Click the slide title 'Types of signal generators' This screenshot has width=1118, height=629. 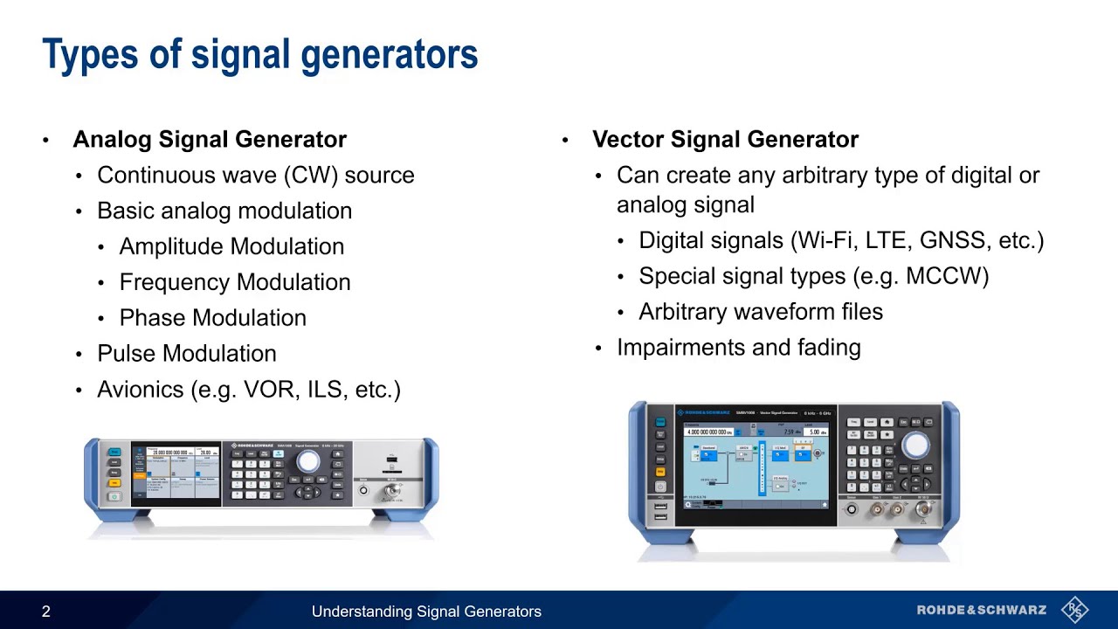tap(259, 54)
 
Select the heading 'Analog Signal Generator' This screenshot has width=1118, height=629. tap(210, 139)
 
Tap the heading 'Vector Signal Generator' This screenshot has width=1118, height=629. tap(725, 139)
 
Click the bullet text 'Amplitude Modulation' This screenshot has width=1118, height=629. tap(231, 246)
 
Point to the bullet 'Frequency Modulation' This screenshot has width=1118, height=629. tap(235, 282)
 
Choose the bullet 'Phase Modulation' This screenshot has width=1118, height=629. tap(212, 318)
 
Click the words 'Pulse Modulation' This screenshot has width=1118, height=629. tap(186, 354)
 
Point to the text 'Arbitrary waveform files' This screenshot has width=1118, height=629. tap(760, 312)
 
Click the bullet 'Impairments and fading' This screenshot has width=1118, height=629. tap(738, 348)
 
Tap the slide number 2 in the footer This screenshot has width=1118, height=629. tap(46, 612)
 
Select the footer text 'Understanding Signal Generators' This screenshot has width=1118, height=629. tap(426, 612)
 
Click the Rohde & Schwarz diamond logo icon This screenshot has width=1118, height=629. tap(1074, 610)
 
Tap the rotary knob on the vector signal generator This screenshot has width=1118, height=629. tap(914, 446)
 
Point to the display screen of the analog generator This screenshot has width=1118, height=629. tap(176, 473)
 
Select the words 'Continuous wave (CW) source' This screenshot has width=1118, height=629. tap(255, 175)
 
